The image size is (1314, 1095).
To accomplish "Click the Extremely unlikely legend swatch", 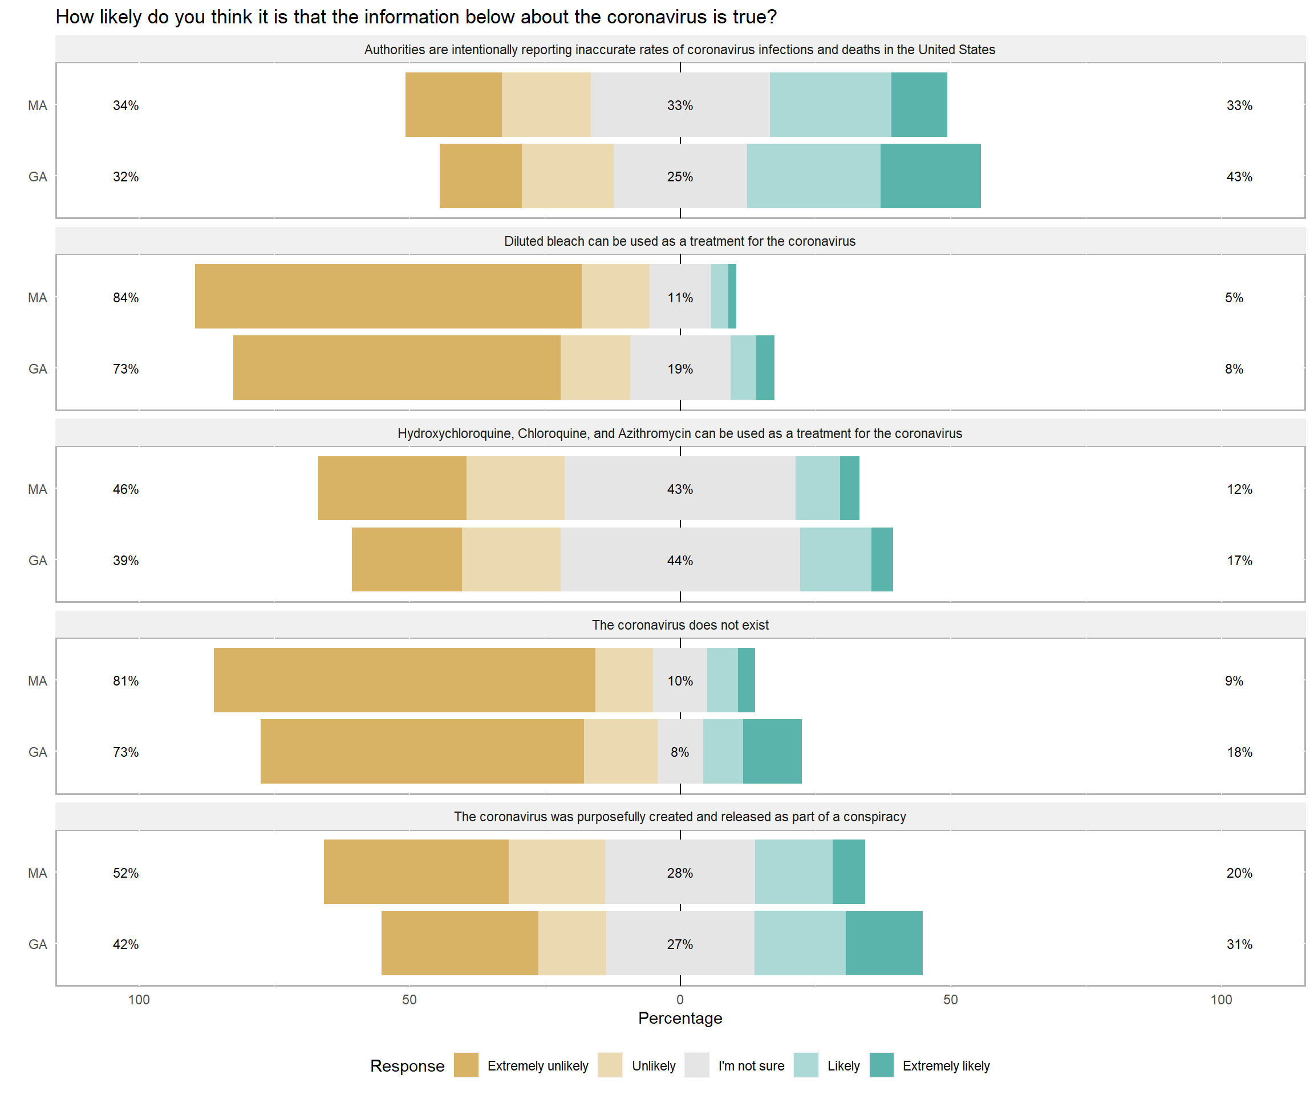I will (465, 1065).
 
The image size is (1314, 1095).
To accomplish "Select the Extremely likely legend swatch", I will (881, 1065).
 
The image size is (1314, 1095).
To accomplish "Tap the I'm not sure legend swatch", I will (696, 1065).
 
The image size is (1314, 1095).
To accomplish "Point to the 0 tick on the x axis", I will (680, 999).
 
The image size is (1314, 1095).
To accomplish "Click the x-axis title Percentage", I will (680, 1018).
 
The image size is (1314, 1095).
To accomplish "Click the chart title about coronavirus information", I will (416, 17).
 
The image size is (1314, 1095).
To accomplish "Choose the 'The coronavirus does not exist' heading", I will (680, 624).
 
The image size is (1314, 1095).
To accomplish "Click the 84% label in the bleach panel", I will (126, 297).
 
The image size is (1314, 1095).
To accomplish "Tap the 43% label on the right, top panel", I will (1239, 176).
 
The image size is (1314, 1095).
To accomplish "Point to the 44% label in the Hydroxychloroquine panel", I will (680, 560).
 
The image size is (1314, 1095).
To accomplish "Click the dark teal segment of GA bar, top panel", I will (930, 176).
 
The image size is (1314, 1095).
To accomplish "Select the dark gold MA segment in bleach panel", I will (388, 296).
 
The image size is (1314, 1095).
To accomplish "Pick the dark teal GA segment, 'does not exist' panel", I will (772, 751).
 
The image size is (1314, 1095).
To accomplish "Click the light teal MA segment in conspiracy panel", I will (793, 871).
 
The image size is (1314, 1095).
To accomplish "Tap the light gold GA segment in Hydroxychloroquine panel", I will (511, 559).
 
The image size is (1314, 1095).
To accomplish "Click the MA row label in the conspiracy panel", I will (38, 873).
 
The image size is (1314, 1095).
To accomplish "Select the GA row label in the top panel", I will (38, 176).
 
